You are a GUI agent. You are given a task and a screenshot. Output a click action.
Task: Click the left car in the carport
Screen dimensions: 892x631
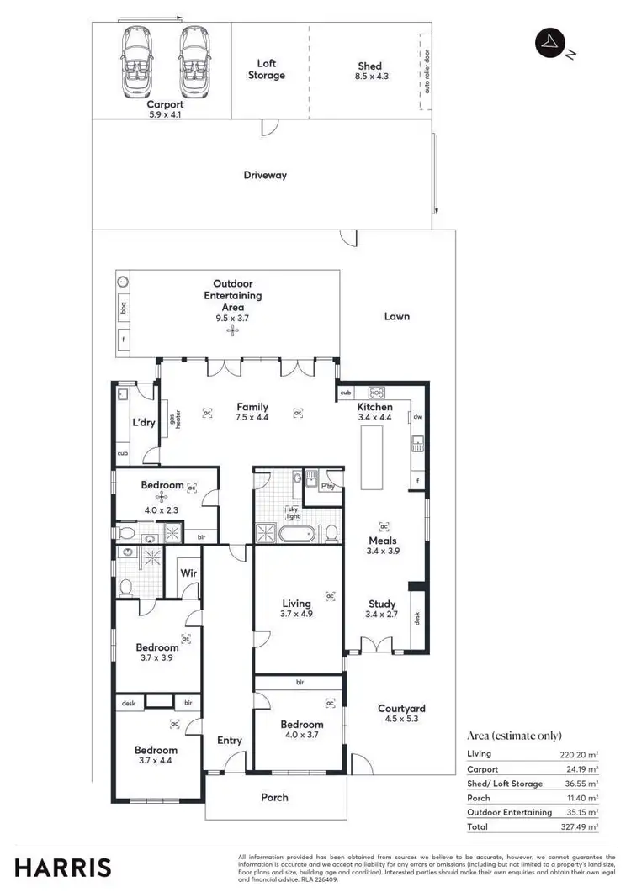tap(137, 63)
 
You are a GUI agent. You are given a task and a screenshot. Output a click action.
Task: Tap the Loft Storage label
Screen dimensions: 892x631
tap(266, 69)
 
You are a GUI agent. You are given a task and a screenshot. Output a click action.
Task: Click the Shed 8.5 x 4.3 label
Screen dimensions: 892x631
tap(369, 71)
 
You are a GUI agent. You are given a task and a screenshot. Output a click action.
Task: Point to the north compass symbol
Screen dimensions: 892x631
tap(551, 43)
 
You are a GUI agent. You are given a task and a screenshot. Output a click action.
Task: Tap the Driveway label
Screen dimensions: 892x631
tap(265, 175)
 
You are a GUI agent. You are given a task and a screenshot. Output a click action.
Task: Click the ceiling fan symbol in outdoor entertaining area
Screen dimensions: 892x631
tap(232, 330)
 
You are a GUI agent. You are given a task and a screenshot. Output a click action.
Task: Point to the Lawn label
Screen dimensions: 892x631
tap(396, 316)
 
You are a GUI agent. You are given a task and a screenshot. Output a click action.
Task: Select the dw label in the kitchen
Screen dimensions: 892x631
tap(416, 416)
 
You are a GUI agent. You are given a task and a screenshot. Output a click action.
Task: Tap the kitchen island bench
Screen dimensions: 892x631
tap(371, 457)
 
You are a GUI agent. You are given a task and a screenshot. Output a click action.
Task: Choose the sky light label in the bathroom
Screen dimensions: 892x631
tap(293, 513)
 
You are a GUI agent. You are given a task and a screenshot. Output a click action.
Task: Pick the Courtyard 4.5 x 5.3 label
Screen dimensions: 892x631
tap(401, 715)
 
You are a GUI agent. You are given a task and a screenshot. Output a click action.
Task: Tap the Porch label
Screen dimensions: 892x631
tap(274, 797)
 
